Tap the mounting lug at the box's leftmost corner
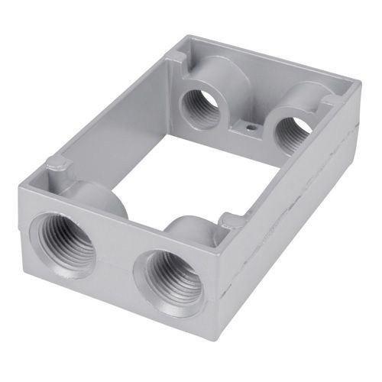(55, 163)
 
